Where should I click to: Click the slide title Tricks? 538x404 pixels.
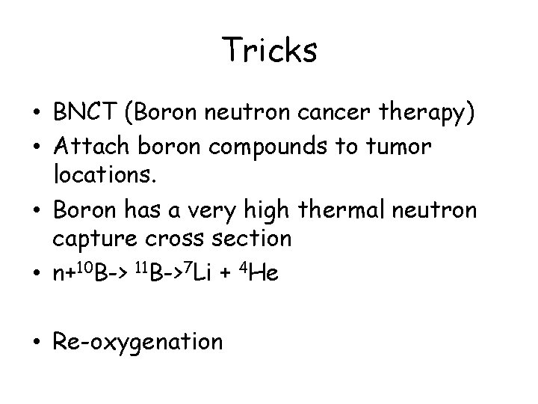coord(270,51)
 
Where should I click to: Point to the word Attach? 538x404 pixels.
coord(90,148)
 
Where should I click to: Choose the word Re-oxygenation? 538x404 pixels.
coord(138,342)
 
